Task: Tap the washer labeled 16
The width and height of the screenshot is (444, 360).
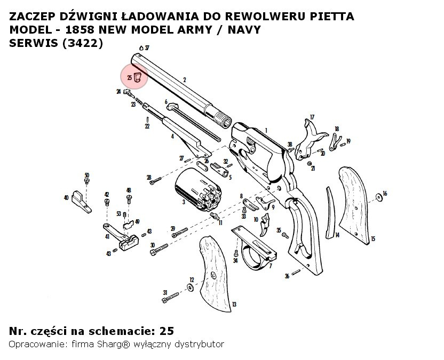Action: click(378, 197)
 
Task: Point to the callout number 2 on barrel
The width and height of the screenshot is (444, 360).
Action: click(184, 80)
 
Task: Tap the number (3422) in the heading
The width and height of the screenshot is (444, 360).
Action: click(82, 44)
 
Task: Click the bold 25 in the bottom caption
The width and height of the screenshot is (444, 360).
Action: click(166, 331)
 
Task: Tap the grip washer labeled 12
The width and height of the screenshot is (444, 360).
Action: click(191, 288)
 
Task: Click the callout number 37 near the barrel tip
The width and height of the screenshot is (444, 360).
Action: click(147, 48)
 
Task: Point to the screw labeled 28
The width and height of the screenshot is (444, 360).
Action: click(156, 182)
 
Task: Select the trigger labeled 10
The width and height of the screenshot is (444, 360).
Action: click(265, 226)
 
